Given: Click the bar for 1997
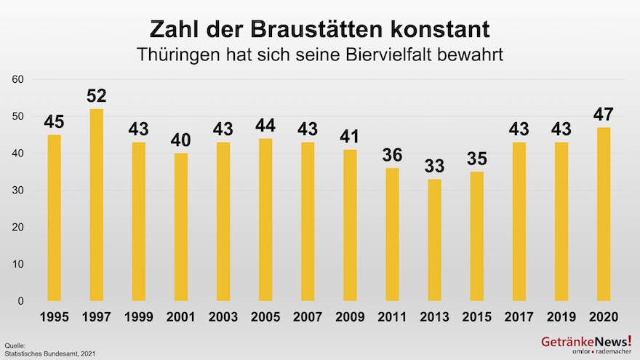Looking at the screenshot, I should click(96, 205).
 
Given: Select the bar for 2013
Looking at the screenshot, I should click(434, 240).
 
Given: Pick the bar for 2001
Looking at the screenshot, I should click(181, 227).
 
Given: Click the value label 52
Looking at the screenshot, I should click(96, 96).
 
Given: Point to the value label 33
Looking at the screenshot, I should click(434, 167).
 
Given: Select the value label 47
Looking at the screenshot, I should click(604, 115).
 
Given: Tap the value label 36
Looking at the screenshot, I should click(392, 156).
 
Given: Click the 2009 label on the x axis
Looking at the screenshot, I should click(350, 318).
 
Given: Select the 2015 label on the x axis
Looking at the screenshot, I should click(476, 318).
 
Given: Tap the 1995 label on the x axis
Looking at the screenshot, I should click(54, 318).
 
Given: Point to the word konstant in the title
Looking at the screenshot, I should click(439, 30).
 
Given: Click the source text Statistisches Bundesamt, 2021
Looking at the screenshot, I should click(49, 353).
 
